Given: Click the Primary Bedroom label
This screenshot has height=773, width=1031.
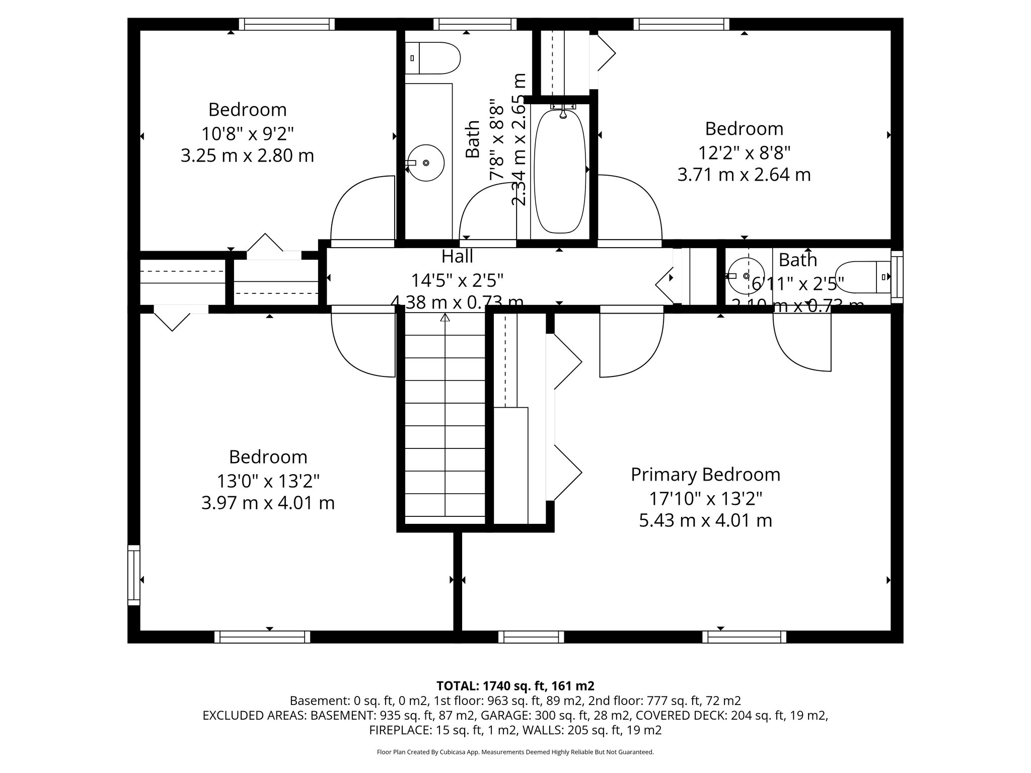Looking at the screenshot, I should [x=705, y=475].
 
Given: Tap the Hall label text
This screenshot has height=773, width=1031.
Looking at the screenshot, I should [x=457, y=256].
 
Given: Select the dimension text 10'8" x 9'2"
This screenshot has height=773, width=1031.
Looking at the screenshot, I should [x=247, y=134].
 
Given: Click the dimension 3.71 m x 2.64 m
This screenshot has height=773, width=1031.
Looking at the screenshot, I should [x=744, y=175].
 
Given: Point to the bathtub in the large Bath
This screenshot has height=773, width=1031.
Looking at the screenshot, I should [x=559, y=171].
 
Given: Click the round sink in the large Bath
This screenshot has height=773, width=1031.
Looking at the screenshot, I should [x=425, y=163].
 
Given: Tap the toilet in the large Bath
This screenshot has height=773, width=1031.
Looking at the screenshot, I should [x=433, y=58].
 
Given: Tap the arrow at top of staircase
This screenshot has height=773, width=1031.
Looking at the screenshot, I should [x=445, y=318].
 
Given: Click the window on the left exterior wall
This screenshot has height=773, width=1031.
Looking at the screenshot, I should [x=133, y=575].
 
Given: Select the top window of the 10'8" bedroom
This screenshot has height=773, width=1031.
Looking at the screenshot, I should [x=286, y=24].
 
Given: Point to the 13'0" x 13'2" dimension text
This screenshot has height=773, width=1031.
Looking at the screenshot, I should [x=268, y=481].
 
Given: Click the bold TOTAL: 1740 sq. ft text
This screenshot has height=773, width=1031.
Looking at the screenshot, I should [x=515, y=685].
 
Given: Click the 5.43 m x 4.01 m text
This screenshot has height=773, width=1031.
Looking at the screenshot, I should [x=705, y=520].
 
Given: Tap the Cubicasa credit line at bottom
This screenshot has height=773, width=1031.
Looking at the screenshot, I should [x=515, y=752].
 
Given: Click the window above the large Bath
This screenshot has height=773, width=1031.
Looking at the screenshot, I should [x=475, y=24].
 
